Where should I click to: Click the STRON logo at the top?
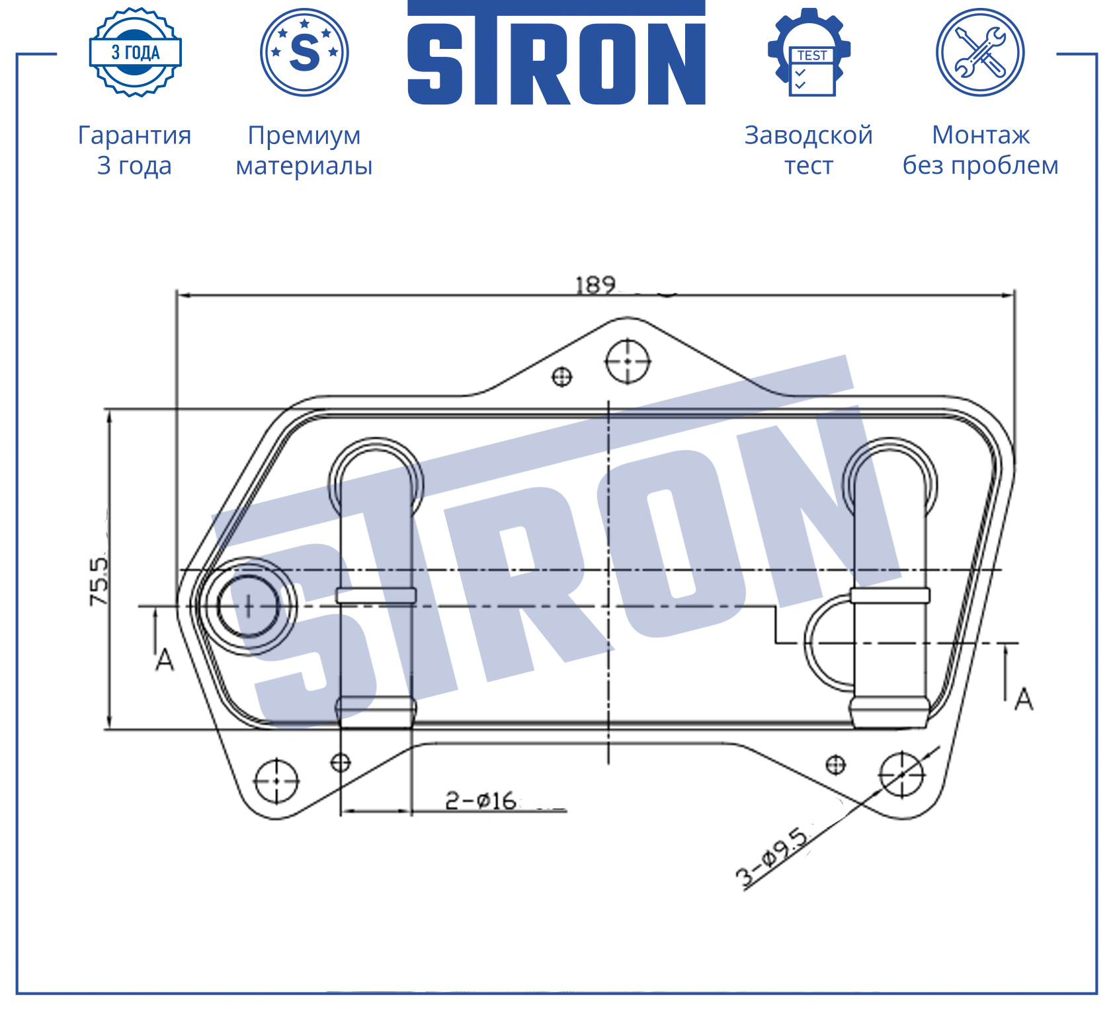556,53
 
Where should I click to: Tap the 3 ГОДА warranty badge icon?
136,52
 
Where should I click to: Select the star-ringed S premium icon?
304,52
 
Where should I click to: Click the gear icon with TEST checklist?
809,52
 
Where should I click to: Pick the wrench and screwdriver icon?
980,52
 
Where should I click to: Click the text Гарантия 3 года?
135,150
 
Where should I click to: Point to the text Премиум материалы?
304,151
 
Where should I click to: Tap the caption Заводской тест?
809,150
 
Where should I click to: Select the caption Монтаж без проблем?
981,150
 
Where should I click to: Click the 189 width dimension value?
595,285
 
